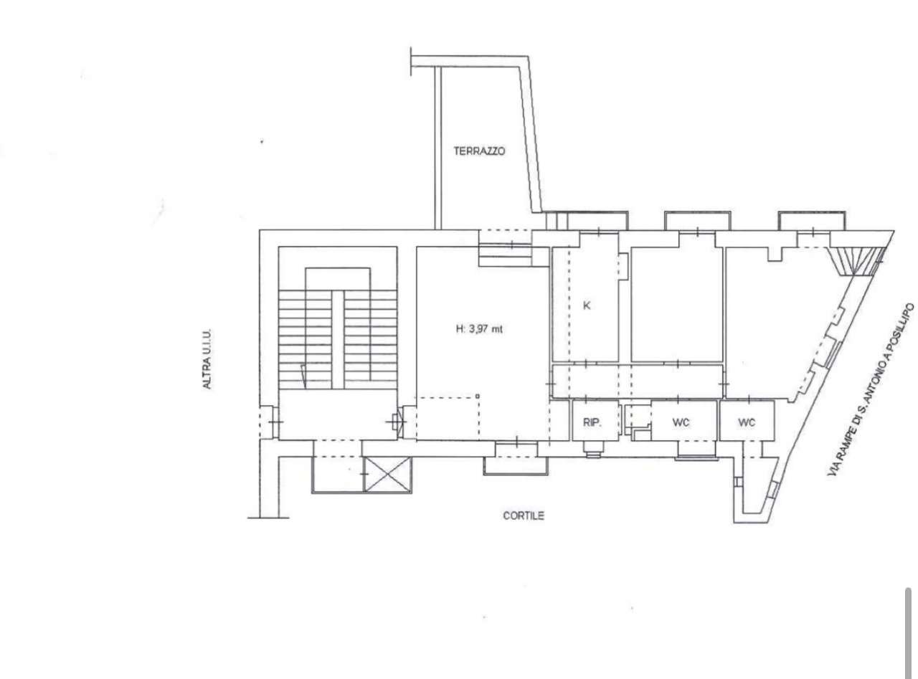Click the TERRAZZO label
coord(479,151)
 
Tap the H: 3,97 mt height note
coord(479,329)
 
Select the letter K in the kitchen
coord(587,305)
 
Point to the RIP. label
coord(592,422)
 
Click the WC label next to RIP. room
coord(681,422)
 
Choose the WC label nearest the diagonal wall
coord(747,422)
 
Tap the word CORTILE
coord(523,516)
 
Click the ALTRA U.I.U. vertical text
coord(207,359)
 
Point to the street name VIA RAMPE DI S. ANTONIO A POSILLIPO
coord(871,390)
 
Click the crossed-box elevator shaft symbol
coord(387,474)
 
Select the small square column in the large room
coord(477,396)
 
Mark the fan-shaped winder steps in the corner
coord(857,261)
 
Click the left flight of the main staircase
coord(306,339)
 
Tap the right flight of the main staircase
coord(371,339)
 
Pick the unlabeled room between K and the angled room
coord(677,304)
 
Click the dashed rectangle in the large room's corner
coord(448,418)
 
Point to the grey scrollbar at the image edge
coord(908,633)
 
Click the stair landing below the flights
coord(338,414)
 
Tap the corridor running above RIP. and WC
coord(638,381)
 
